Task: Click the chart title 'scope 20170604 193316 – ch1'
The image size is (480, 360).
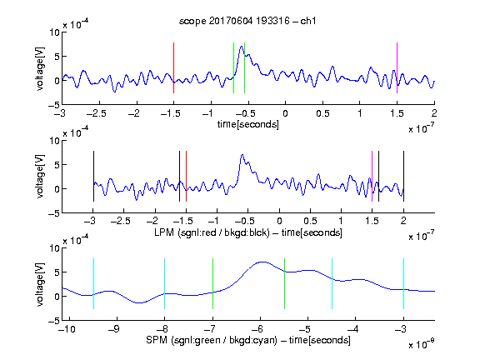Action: click(x=247, y=21)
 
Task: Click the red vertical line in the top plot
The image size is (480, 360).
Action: click(x=173, y=67)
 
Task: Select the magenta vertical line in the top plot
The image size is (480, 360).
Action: click(x=397, y=67)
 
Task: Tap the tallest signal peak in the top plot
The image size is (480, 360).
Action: click(x=242, y=47)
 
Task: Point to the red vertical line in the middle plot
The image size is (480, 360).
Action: click(x=186, y=176)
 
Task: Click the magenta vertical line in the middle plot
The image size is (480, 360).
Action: click(x=372, y=176)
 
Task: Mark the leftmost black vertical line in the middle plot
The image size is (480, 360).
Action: click(x=93, y=176)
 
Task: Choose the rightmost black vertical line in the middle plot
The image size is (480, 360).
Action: click(x=403, y=176)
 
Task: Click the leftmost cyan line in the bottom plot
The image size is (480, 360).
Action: click(x=93, y=284)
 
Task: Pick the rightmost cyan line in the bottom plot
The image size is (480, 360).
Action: click(x=403, y=284)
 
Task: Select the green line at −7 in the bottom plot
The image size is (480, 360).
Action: click(x=212, y=284)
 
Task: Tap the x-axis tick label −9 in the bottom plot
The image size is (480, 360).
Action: click(x=114, y=329)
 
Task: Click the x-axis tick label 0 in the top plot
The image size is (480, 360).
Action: click(x=285, y=113)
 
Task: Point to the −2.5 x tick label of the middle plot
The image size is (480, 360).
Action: click(x=120, y=221)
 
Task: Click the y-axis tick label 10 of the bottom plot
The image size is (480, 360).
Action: click(x=55, y=248)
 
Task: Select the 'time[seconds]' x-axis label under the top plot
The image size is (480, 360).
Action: click(x=248, y=124)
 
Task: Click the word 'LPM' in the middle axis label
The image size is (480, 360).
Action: click(x=164, y=232)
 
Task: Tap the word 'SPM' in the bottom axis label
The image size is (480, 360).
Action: click(x=157, y=340)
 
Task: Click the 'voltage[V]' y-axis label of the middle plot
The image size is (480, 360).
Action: click(x=40, y=177)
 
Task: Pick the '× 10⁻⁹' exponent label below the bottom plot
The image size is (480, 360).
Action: click(x=422, y=344)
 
